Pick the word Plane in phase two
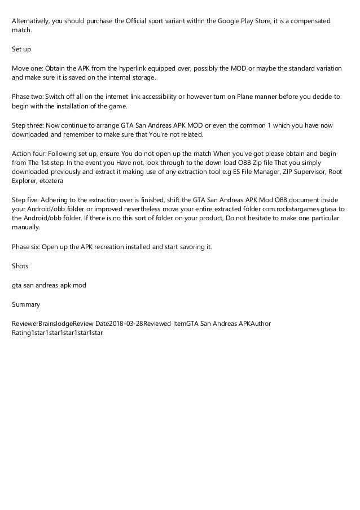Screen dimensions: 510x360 [219, 97]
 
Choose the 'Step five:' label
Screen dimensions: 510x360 [26, 200]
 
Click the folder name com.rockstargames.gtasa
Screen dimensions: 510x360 [290, 210]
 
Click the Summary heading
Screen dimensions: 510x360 [26, 304]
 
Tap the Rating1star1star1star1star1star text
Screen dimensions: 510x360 [57, 333]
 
